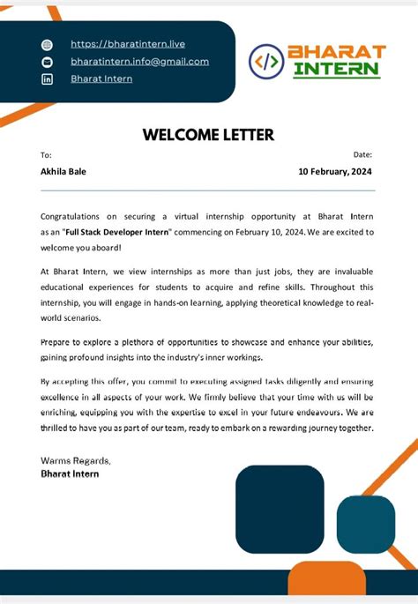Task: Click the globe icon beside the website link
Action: pos(48,44)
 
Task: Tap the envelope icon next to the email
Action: pos(48,62)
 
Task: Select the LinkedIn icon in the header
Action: pos(48,79)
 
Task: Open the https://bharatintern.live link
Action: pos(128,43)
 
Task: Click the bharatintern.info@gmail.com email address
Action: pos(139,61)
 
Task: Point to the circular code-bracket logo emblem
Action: pos(266,61)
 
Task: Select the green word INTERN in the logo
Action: pos(336,69)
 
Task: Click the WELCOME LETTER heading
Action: pos(208,135)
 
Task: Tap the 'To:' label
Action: pos(46,155)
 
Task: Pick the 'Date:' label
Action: pos(363,155)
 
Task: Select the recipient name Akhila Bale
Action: pos(63,172)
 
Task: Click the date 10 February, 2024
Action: pos(336,172)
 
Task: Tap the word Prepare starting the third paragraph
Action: pos(57,341)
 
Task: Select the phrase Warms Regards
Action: pos(76,460)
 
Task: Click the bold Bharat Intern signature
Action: pos(70,474)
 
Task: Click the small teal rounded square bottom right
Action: pos(366,525)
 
